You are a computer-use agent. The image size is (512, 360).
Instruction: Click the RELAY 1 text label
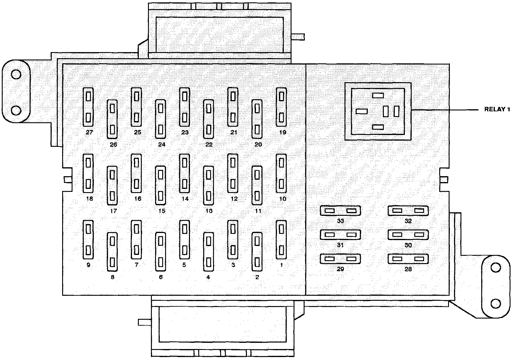click(497, 110)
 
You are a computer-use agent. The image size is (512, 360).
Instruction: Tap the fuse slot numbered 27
click(88, 107)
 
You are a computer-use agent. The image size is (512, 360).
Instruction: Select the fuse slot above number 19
click(281, 107)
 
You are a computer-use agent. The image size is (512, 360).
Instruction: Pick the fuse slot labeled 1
click(281, 240)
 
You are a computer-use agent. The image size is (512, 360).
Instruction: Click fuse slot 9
click(88, 240)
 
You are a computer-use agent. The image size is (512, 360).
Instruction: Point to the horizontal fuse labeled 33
click(340, 211)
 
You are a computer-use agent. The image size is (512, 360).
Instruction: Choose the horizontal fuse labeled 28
click(408, 259)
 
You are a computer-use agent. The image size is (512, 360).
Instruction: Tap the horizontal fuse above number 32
click(408, 211)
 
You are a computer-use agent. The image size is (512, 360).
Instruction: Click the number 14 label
click(185, 199)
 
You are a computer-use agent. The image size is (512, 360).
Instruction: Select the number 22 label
click(209, 145)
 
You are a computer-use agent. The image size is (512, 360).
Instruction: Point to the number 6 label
click(161, 277)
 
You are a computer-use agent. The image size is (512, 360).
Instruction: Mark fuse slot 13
click(209, 185)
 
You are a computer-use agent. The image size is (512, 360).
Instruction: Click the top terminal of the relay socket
click(378, 95)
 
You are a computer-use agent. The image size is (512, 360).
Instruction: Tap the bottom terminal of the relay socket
click(378, 127)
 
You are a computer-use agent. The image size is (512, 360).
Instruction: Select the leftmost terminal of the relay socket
click(362, 111)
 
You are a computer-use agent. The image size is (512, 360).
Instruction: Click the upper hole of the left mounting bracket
click(16, 74)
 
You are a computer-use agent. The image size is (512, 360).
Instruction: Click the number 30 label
click(408, 245)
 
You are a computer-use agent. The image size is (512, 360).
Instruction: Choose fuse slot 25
click(136, 107)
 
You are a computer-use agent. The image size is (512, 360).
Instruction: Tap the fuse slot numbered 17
click(112, 185)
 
